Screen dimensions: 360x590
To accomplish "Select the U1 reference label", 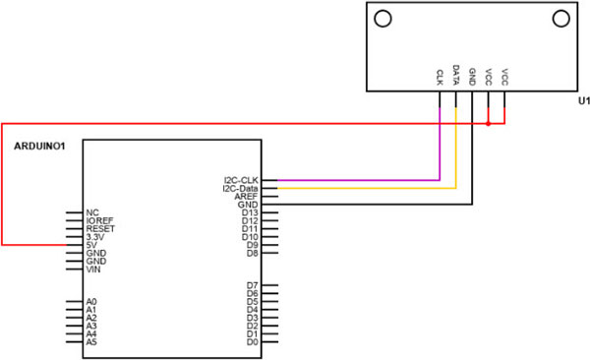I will [582, 101].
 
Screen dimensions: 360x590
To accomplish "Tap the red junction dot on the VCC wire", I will [489, 124].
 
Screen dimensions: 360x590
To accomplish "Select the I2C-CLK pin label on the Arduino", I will [241, 180].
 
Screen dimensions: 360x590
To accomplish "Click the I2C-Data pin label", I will [240, 188].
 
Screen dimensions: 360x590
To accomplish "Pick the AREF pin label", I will [247, 196].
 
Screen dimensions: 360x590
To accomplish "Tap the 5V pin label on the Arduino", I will [92, 245].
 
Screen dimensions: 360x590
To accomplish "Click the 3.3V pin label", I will [94, 237].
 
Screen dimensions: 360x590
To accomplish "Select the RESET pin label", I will [100, 228].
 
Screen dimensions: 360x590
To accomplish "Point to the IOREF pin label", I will [100, 220].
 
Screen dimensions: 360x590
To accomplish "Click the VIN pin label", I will [93, 270].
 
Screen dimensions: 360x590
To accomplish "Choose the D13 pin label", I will [250, 212].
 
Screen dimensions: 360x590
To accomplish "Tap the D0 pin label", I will [253, 342].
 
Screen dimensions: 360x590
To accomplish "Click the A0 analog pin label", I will [91, 302].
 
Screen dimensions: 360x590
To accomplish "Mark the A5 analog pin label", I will [91, 342].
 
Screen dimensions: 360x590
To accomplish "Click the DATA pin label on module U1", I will [456, 75].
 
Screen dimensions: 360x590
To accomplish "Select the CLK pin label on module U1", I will [440, 76].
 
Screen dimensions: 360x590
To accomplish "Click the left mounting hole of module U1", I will [382, 18].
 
